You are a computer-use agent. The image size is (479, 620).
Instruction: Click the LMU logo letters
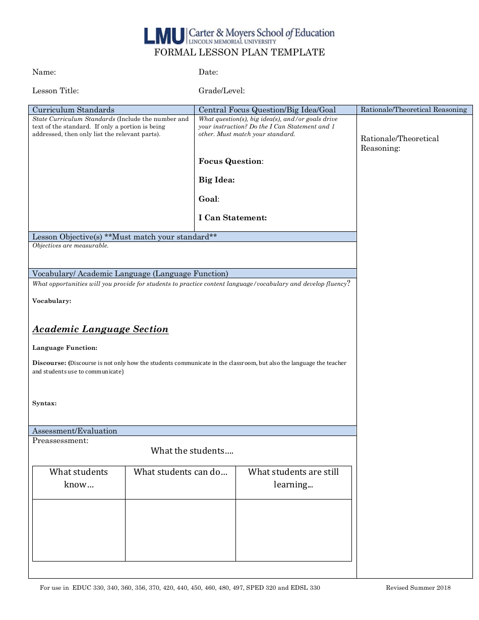[x=164, y=35]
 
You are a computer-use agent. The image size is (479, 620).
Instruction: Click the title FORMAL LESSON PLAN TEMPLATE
[x=239, y=52]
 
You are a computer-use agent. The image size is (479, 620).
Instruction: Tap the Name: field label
[x=44, y=72]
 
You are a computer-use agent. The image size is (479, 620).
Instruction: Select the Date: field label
[x=208, y=72]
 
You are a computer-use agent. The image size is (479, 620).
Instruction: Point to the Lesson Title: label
[x=55, y=91]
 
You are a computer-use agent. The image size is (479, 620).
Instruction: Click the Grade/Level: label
[x=222, y=91]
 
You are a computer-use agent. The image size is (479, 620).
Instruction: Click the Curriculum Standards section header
[x=74, y=110]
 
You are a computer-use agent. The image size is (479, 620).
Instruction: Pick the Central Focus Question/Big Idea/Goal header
[x=267, y=110]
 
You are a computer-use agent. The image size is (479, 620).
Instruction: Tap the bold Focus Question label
[x=230, y=161]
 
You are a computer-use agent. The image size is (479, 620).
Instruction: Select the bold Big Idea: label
[x=217, y=180]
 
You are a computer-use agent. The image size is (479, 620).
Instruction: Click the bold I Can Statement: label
[x=232, y=218]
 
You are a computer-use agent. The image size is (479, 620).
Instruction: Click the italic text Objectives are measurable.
[x=71, y=246]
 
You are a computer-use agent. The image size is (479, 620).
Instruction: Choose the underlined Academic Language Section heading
[x=100, y=329]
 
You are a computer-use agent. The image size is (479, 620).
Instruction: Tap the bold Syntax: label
[x=44, y=403]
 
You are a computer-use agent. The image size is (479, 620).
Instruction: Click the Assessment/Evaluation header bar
[x=75, y=431]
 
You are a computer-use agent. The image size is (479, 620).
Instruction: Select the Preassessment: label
[x=61, y=441]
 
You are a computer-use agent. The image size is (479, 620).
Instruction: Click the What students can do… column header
[x=181, y=472]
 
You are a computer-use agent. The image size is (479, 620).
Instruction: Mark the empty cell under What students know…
[x=79, y=530]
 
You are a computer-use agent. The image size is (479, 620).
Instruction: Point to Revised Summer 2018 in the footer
[x=418, y=588]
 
